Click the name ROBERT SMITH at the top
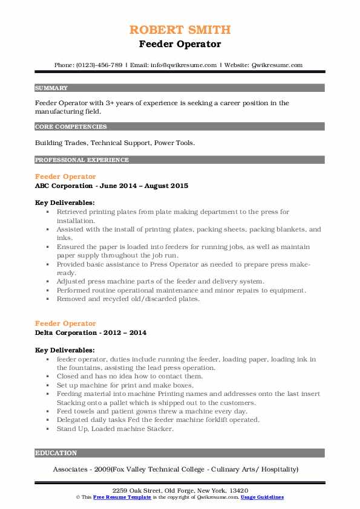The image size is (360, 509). coord(180,30)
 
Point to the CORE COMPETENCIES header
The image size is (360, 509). coord(71,127)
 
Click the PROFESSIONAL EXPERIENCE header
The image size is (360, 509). coord(82,160)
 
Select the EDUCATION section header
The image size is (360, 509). coord(56,453)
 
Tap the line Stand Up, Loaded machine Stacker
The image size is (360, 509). coord(115,429)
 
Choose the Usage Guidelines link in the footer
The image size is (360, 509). coord(261,497)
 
